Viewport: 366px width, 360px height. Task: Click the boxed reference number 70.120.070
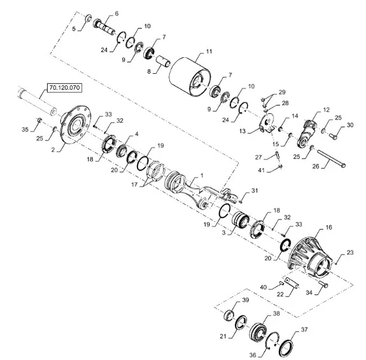pos(64,88)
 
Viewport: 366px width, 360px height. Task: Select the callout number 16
pos(328,227)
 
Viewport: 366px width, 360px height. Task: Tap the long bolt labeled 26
pos(331,158)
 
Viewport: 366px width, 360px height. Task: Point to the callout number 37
pos(304,329)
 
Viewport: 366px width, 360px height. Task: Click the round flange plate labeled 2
pos(75,124)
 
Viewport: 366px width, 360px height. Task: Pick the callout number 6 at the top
pos(116,13)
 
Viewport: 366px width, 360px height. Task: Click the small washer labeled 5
pos(88,18)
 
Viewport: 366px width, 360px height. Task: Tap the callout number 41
pos(261,170)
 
